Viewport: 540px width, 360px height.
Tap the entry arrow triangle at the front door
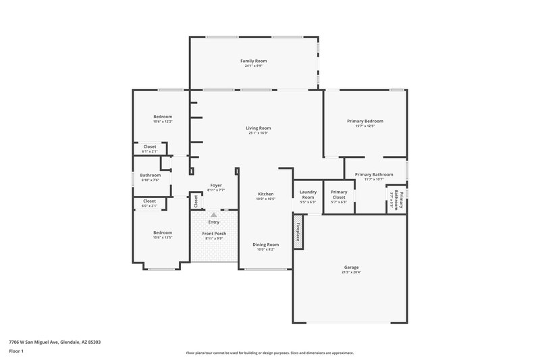(x=214, y=215)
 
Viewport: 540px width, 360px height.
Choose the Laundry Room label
(x=308, y=194)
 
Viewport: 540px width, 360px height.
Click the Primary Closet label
(x=338, y=194)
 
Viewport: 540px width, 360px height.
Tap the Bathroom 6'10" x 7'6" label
(x=151, y=177)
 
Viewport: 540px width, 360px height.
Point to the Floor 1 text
(x=16, y=351)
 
